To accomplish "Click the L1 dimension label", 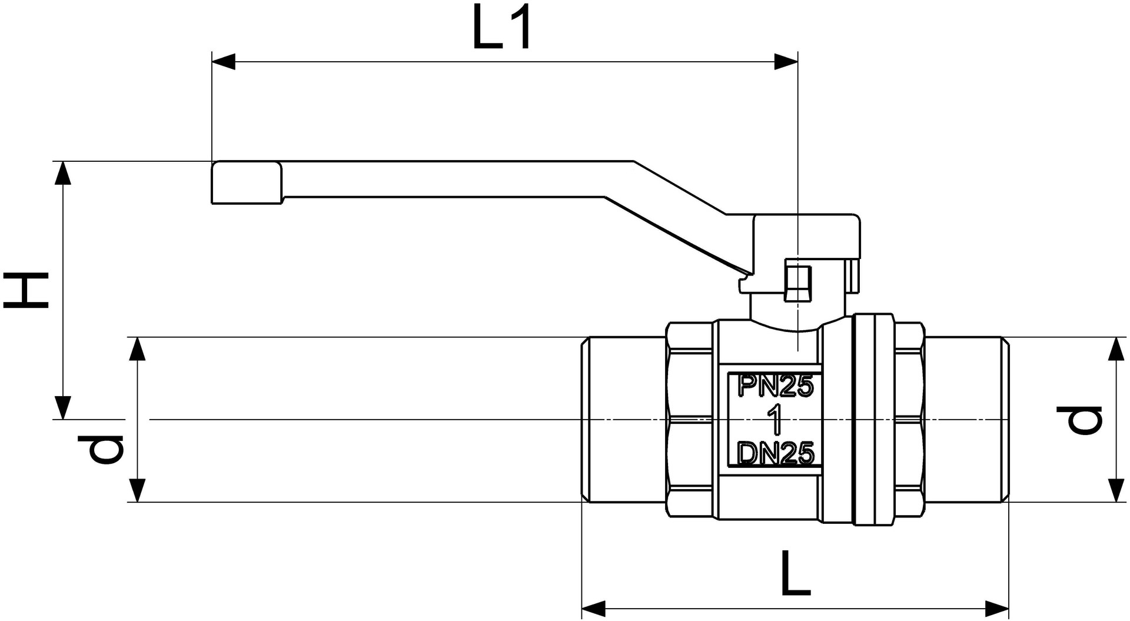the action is (502, 28).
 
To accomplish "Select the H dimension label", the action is (26, 290).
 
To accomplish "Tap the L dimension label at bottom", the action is (796, 573).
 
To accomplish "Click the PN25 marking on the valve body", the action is (776, 387).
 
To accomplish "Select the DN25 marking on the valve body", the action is (776, 454).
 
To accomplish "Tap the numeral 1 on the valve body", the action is (776, 420).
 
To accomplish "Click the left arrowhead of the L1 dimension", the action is (223, 61).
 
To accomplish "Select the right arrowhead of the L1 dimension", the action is (786, 61).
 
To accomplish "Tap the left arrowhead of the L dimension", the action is (594, 608).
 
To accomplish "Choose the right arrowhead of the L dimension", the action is (997, 608).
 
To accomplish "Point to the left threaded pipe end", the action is (624, 420).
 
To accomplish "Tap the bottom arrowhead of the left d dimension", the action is (137, 490).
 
